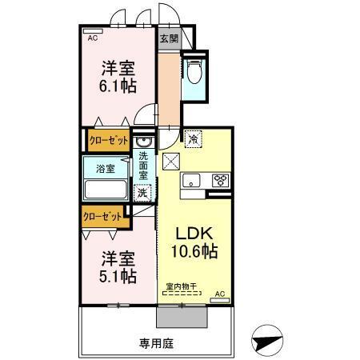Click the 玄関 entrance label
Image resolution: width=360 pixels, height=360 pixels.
(x=168, y=38)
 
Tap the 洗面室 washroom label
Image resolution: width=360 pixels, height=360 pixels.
(x=143, y=166)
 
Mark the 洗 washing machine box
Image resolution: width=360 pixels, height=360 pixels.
(x=142, y=192)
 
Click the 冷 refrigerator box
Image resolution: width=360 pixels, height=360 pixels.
(x=193, y=138)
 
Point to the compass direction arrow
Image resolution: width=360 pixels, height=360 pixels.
(x=267, y=339)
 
